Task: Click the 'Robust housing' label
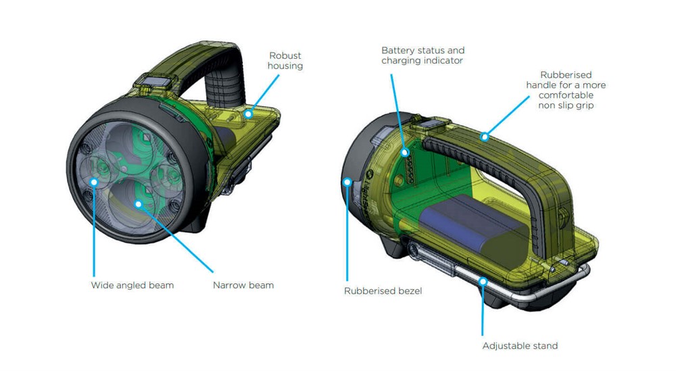pyautogui.click(x=285, y=61)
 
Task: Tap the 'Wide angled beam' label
pyautogui.click(x=132, y=285)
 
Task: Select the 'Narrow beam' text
pyautogui.click(x=243, y=285)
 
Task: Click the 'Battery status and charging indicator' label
pyautogui.click(x=422, y=55)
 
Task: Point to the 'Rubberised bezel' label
pyautogui.click(x=383, y=291)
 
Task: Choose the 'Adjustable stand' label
pyautogui.click(x=520, y=345)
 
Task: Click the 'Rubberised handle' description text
pyautogui.click(x=566, y=90)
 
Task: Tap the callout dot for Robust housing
pyautogui.click(x=248, y=114)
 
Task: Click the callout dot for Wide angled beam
pyautogui.click(x=94, y=182)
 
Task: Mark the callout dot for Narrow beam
pyautogui.click(x=139, y=204)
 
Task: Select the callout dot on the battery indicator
pyautogui.click(x=405, y=152)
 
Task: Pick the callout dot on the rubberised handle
pyautogui.click(x=485, y=137)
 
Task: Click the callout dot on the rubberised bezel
pyautogui.click(x=347, y=182)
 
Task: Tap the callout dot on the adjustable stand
pyautogui.click(x=483, y=282)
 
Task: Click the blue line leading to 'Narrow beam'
pyautogui.click(x=176, y=239)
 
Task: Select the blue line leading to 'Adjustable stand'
pyautogui.click(x=483, y=309)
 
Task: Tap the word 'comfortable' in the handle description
pyautogui.click(x=566, y=95)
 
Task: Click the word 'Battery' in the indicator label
pyautogui.click(x=398, y=51)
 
